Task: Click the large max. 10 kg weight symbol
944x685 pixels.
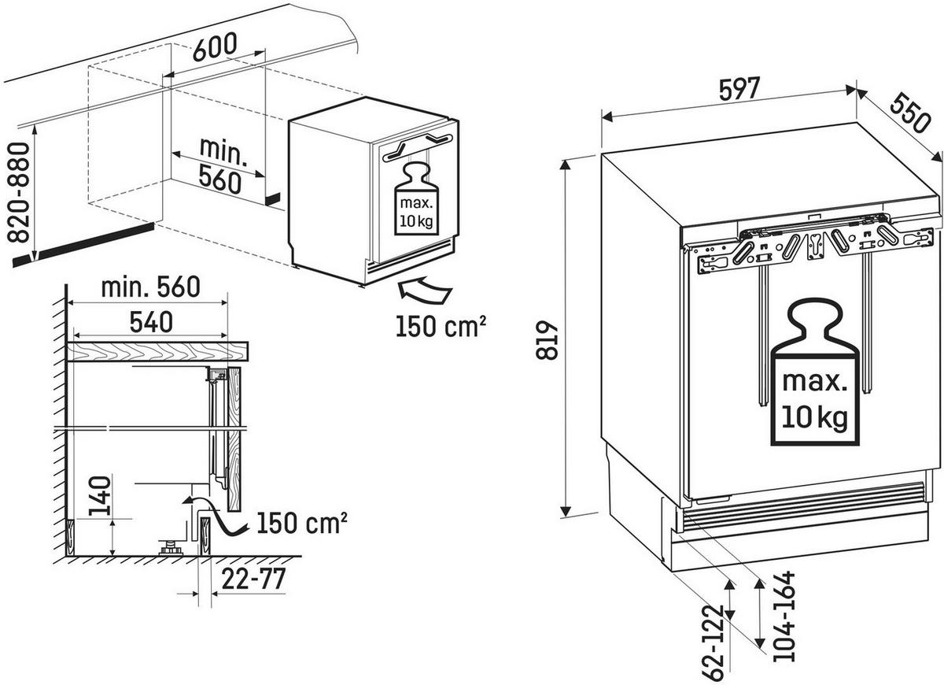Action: (x=815, y=376)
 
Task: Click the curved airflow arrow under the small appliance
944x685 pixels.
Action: (x=426, y=291)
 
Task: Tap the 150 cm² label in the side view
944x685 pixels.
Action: (x=300, y=522)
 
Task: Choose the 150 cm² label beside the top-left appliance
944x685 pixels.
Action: (x=440, y=325)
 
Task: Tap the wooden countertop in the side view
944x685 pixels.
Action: (x=157, y=350)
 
